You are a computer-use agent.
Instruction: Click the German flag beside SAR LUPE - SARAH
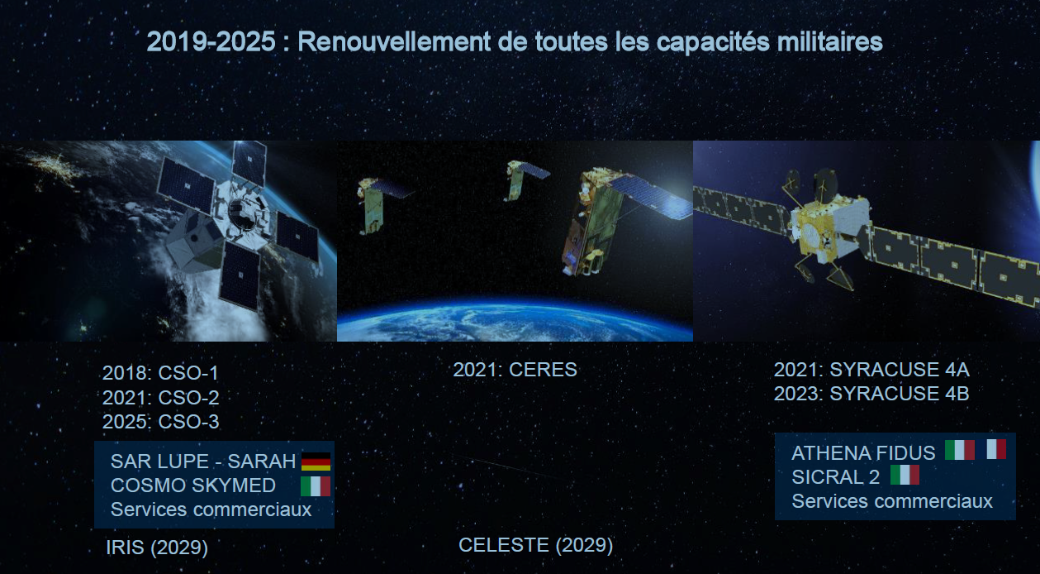click(316, 461)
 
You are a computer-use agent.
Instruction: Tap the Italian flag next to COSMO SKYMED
click(316, 486)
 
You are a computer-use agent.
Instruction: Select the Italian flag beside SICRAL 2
click(905, 475)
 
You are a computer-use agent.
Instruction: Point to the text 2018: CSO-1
click(160, 373)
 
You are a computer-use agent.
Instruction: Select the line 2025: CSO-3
click(160, 422)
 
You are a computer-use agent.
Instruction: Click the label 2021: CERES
click(515, 370)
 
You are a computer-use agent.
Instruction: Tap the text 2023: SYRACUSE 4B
click(871, 394)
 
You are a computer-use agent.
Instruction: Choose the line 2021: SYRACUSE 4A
click(871, 370)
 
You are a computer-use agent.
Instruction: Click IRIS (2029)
click(157, 548)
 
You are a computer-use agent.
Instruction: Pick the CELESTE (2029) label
click(536, 545)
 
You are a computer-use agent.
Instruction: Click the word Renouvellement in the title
click(394, 41)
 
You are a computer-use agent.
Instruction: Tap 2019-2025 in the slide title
click(211, 41)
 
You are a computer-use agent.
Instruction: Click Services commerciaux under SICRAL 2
click(892, 501)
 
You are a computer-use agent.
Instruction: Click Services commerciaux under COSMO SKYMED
click(211, 509)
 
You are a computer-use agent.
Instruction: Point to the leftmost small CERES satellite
click(377, 204)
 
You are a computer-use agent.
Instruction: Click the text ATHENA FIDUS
click(863, 453)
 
